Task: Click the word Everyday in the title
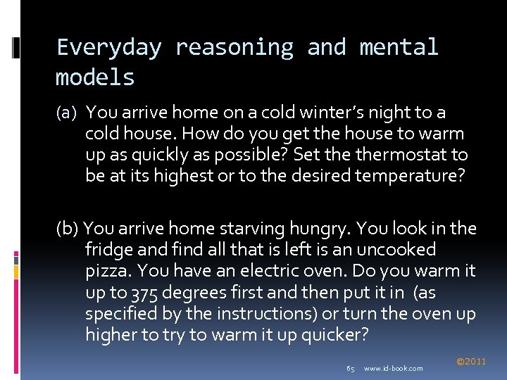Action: click(108, 48)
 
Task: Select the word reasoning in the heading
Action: click(234, 48)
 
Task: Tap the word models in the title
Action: click(95, 77)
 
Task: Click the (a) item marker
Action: click(68, 113)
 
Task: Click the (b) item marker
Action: click(68, 229)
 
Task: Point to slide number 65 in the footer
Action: click(351, 368)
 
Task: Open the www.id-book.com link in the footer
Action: click(393, 368)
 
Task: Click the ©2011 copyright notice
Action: click(471, 361)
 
